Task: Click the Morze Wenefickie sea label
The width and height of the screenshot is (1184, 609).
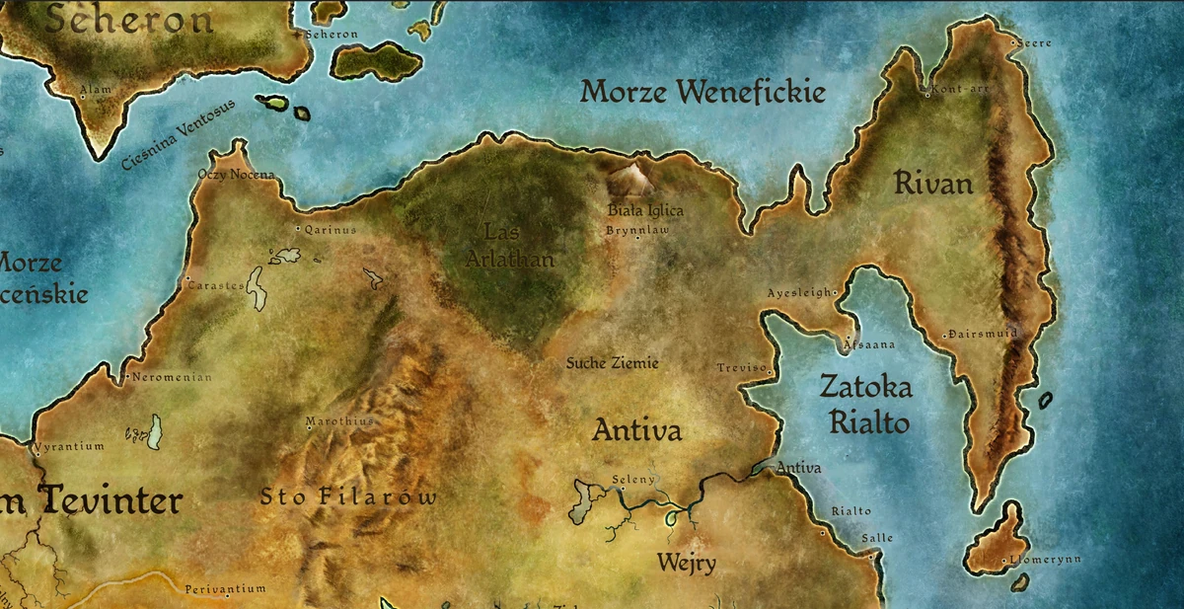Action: [702, 94]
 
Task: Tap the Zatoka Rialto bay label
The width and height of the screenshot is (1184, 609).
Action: [866, 405]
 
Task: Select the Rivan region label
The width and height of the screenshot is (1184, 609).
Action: [933, 184]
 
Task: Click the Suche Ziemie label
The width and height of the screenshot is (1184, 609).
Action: [612, 363]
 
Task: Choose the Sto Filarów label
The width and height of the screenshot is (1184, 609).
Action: [347, 496]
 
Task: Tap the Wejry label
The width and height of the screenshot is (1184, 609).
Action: [687, 564]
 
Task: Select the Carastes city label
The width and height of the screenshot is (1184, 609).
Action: [215, 285]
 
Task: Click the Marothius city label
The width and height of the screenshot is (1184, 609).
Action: [340, 420]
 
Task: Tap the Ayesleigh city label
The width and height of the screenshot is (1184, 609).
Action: [801, 293]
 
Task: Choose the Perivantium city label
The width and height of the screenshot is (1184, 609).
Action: [225, 589]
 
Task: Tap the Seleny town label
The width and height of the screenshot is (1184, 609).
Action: [633, 480]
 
